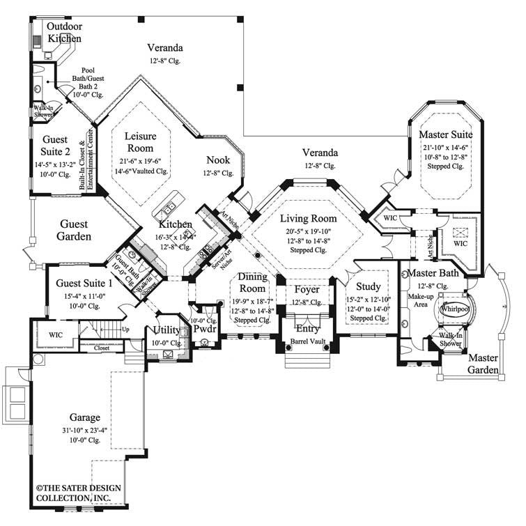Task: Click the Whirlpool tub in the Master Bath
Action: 454,309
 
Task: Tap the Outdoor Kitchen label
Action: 64,33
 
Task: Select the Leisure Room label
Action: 141,136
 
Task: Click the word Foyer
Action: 307,289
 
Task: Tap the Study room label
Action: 368,286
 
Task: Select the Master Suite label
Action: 447,134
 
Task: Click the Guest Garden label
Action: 73,231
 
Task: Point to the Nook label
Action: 219,160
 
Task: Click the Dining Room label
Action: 252,283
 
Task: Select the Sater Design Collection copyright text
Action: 73,493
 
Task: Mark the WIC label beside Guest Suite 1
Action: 56,335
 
